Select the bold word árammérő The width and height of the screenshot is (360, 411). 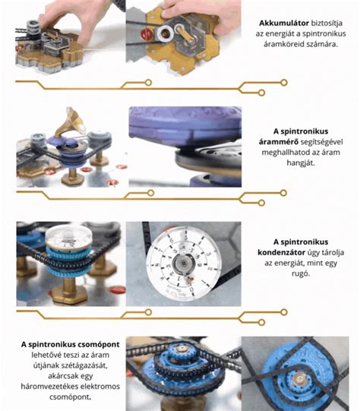tap(279, 142)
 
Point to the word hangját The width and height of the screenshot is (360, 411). tap(301, 163)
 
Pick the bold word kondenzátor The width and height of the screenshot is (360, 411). tap(282, 252)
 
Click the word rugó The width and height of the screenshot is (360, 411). tap(301, 273)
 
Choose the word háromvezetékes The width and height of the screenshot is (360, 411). tap(47, 387)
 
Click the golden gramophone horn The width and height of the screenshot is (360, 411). tap(70, 122)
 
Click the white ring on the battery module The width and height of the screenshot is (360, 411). tap(166, 33)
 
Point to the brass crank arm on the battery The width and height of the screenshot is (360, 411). tap(185, 34)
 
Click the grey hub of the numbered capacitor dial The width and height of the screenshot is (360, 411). tap(184, 263)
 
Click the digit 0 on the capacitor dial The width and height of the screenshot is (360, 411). tap(191, 289)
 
